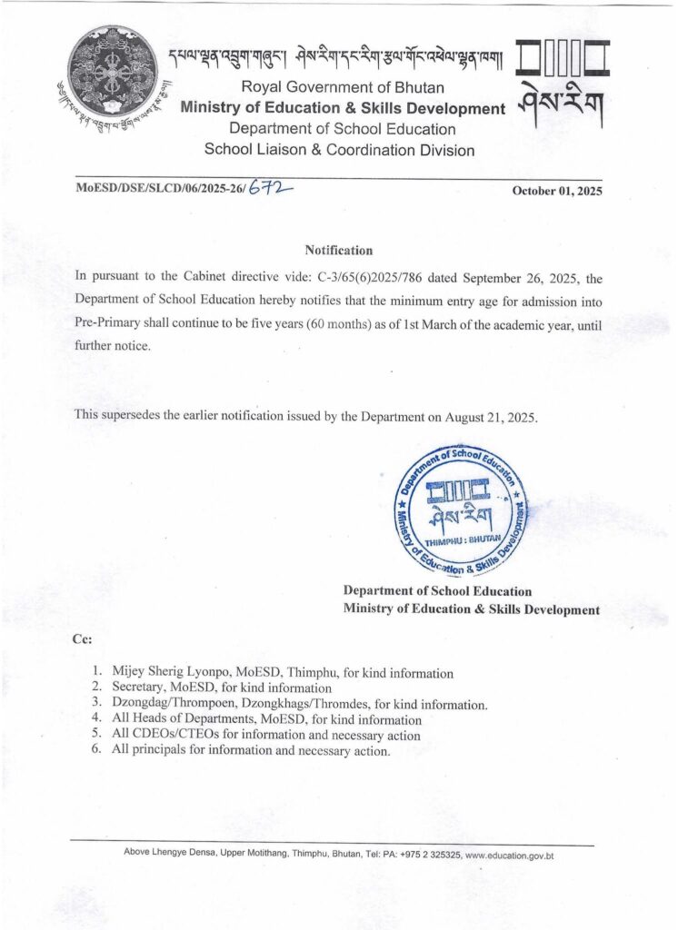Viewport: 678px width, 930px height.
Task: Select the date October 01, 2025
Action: (x=557, y=192)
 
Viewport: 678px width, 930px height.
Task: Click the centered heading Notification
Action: (x=338, y=250)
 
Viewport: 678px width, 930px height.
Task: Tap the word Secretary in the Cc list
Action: (x=139, y=688)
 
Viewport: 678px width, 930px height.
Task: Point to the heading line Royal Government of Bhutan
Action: (x=342, y=88)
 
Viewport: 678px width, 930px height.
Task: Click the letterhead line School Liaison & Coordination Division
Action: (x=339, y=150)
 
